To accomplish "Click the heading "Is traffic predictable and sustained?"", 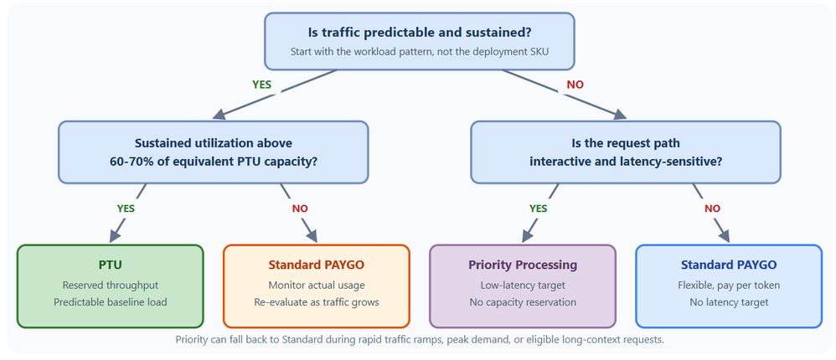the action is [x=420, y=32].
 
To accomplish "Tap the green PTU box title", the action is [x=111, y=265].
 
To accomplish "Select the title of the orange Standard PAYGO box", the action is [x=316, y=265].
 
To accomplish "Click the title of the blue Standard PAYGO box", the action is [x=729, y=265].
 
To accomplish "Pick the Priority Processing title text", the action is [x=523, y=265].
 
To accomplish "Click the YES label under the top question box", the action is [x=262, y=85].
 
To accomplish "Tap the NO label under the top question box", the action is [x=575, y=85].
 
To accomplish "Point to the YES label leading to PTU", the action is [x=126, y=208].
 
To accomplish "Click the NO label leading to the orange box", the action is [x=300, y=208].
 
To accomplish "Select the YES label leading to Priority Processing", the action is [x=538, y=208].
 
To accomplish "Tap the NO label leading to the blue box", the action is [x=712, y=208].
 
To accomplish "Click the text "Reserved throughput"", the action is [x=111, y=285].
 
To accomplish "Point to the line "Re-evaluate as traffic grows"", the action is [x=316, y=302].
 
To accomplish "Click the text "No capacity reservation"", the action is [x=523, y=302].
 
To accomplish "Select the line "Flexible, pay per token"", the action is [x=729, y=285].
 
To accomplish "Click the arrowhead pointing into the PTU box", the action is [x=116, y=235].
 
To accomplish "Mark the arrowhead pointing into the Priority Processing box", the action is [x=529, y=235].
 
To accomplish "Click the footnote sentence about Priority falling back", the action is [x=420, y=340].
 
